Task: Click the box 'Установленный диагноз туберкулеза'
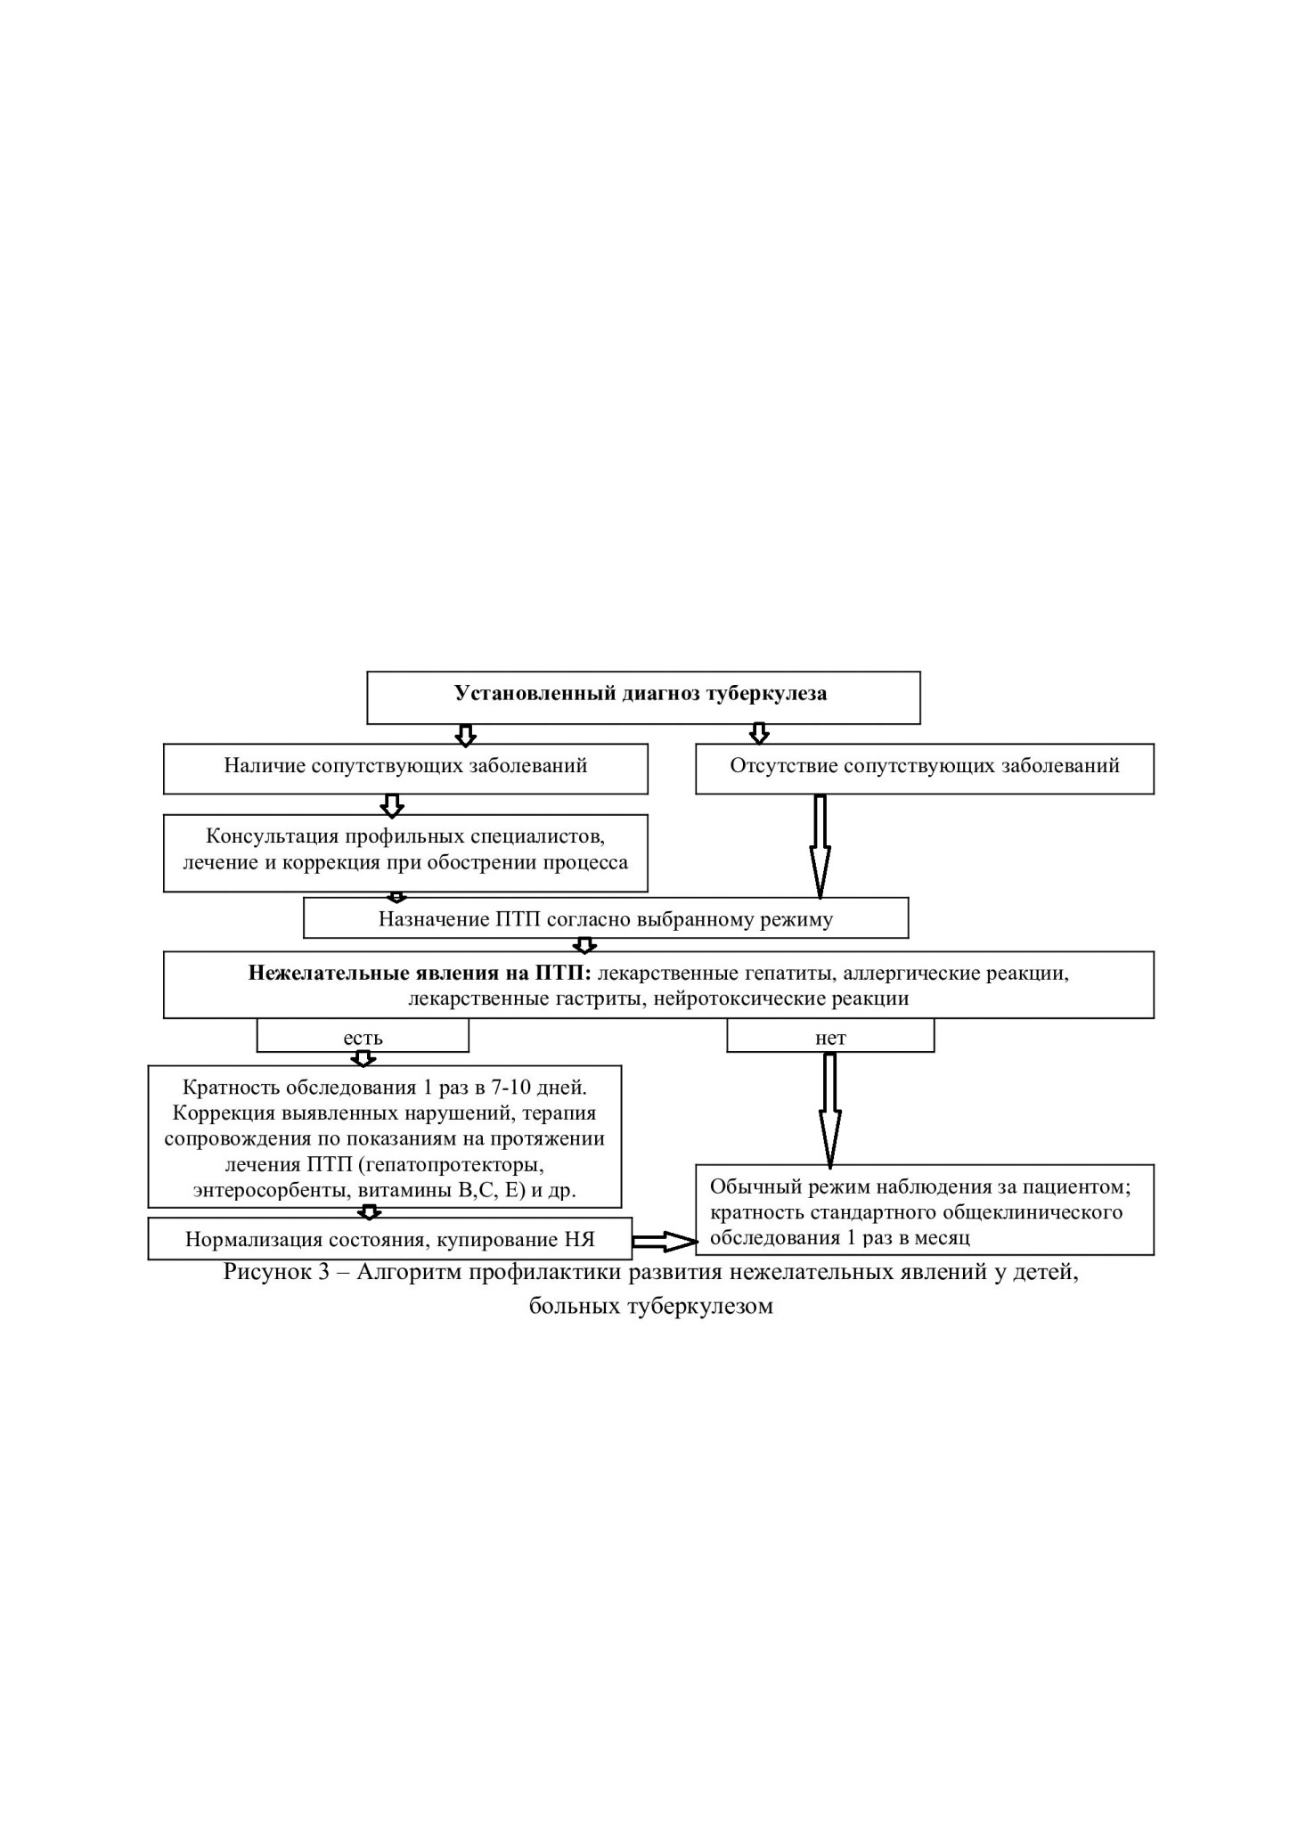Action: point(643,697)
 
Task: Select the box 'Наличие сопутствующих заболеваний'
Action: point(405,769)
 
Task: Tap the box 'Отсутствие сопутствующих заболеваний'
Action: point(925,769)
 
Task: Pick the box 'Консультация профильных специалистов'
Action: point(405,852)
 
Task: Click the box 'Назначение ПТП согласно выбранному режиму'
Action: point(606,917)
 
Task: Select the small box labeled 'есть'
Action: point(363,1036)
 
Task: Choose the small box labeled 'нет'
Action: point(830,1036)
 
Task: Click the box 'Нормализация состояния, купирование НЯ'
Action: point(390,1238)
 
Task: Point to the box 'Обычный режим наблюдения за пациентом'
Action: point(925,1210)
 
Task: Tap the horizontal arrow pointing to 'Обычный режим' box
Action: point(665,1242)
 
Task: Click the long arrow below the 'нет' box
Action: point(829,1110)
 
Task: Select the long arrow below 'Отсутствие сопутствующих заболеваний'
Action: point(820,846)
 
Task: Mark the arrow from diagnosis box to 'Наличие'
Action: point(465,735)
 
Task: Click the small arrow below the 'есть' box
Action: point(363,1059)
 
